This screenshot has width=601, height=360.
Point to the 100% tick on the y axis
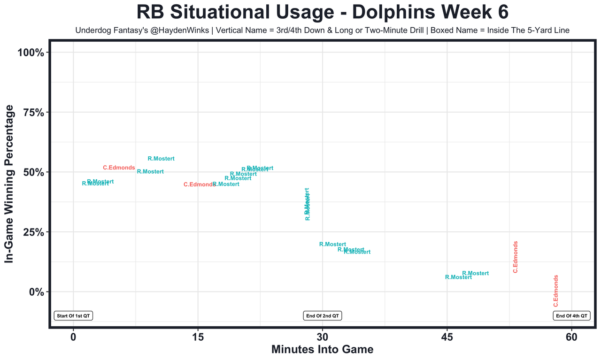pyautogui.click(x=31, y=53)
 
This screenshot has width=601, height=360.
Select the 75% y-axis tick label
pyautogui.click(x=33, y=113)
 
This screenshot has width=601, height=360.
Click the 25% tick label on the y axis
pyautogui.click(x=33, y=232)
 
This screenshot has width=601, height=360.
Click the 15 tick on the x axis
pyautogui.click(x=198, y=337)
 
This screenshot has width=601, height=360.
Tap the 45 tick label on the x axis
pyautogui.click(x=447, y=337)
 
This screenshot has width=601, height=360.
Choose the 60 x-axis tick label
pyautogui.click(x=571, y=337)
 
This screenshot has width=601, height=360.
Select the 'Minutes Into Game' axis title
pyautogui.click(x=322, y=350)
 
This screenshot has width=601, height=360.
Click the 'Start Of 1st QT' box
pyautogui.click(x=73, y=316)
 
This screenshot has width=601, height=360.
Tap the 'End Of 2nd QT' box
pyautogui.click(x=323, y=316)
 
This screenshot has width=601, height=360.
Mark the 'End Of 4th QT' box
pyautogui.click(x=571, y=316)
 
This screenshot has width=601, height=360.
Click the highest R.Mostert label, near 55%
pyautogui.click(x=161, y=159)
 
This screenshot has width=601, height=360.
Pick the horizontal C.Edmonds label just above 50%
pyautogui.click(x=119, y=168)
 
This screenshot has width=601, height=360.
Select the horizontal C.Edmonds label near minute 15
pyautogui.click(x=199, y=185)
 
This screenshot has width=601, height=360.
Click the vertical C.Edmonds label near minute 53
pyautogui.click(x=515, y=257)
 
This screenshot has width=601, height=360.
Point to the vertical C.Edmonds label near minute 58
pyautogui.click(x=556, y=291)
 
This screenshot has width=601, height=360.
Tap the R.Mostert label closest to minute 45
pyautogui.click(x=458, y=277)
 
